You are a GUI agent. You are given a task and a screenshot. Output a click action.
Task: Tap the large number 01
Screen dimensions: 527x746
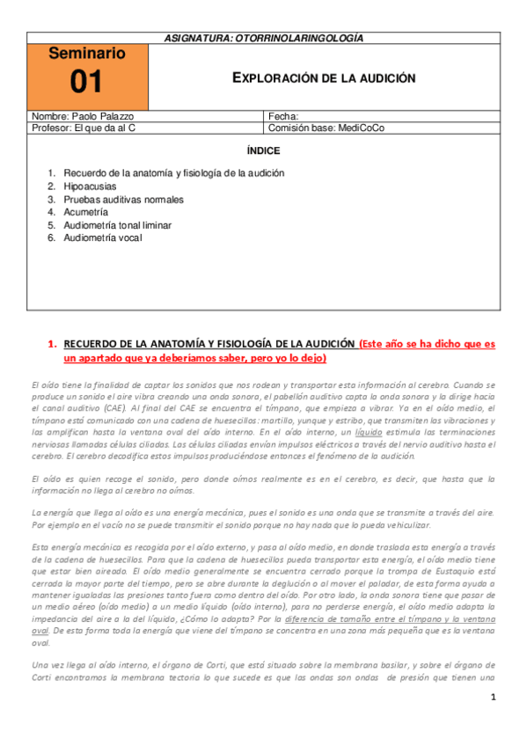pos(87,83)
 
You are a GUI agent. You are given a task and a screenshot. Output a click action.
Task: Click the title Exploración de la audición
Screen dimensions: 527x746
pos(323,77)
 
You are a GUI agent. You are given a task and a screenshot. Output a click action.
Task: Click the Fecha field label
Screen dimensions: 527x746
pos(282,116)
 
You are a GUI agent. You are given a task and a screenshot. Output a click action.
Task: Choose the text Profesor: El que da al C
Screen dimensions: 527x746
pos(84,128)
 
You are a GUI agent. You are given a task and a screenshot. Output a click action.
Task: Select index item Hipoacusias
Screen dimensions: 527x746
pos(90,186)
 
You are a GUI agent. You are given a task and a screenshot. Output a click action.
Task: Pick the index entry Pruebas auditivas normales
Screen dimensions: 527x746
pos(123,200)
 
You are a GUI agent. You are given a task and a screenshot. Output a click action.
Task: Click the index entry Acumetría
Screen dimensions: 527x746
pos(85,212)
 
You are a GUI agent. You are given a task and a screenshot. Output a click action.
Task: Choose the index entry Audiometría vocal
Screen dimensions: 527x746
pos(102,238)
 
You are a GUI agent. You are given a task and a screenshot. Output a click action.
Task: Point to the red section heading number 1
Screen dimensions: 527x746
pos(51,344)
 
